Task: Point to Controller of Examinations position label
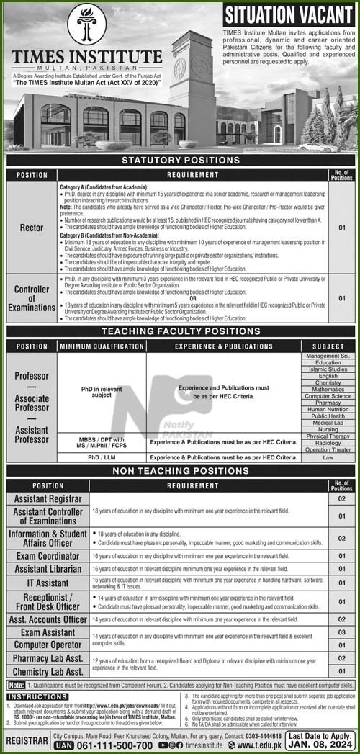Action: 31,298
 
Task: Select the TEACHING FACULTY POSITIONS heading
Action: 180,333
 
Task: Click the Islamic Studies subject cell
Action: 327,369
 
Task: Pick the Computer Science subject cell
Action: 327,396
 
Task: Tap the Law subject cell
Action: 327,457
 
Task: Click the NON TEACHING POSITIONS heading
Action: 180,472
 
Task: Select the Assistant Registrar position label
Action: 47,498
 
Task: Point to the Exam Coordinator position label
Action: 47,557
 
